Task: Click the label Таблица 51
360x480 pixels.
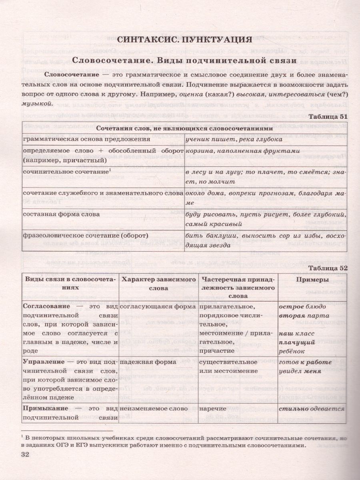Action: coord(326,116)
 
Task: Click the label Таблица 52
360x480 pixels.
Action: coord(326,268)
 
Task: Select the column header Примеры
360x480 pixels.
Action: coord(313,280)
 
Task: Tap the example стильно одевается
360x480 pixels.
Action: coord(312,409)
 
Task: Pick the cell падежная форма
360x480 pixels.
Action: coord(143,362)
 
